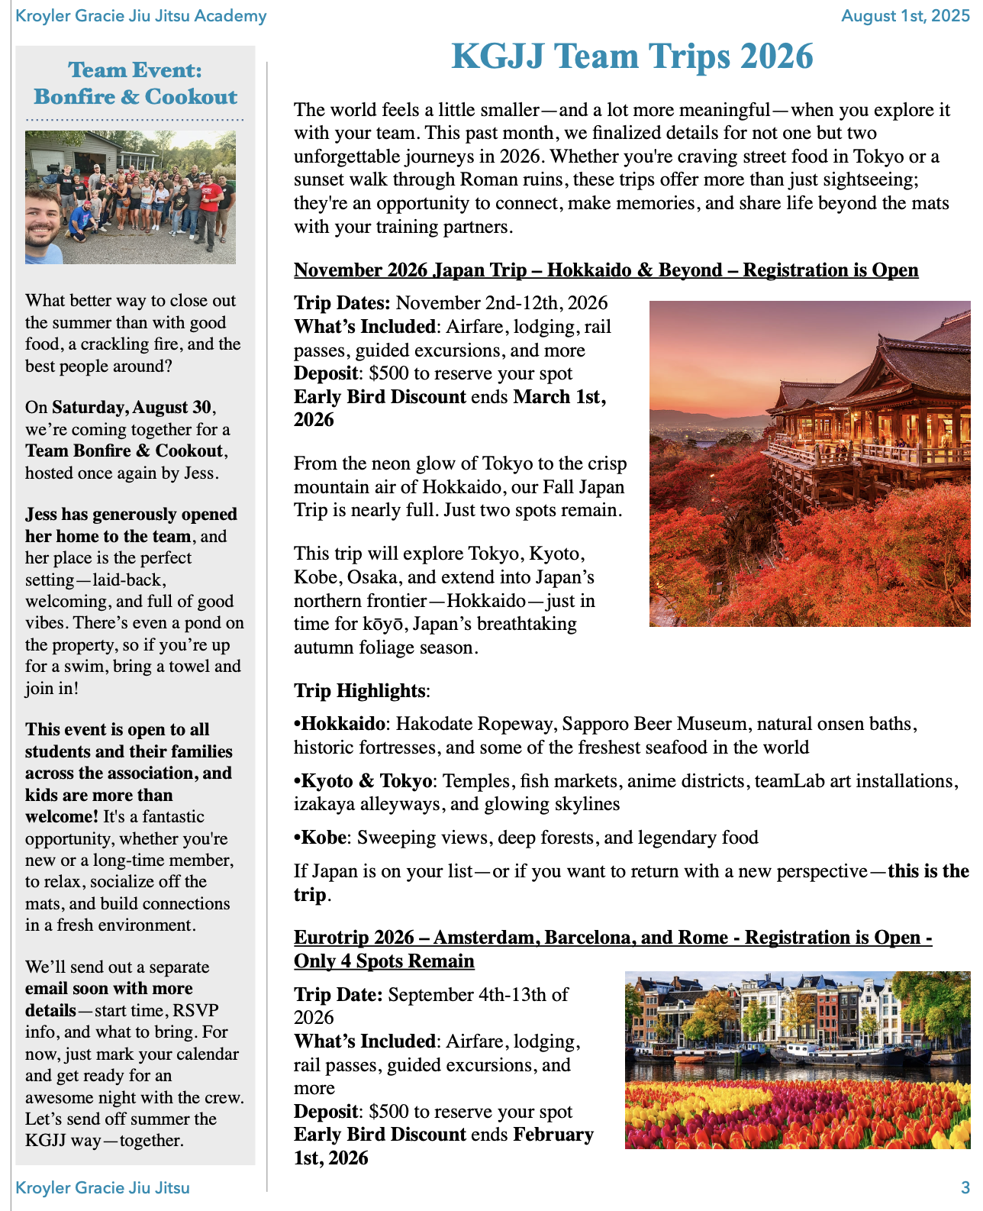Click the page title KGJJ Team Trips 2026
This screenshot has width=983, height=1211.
point(632,57)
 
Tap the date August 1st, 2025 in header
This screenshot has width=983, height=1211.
point(904,16)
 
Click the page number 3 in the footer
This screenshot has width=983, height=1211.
point(965,1187)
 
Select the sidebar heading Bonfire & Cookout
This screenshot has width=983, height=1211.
point(135,97)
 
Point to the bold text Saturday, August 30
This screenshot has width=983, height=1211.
point(132,407)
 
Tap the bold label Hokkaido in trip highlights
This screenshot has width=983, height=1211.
point(343,724)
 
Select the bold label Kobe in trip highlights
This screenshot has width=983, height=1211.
point(324,838)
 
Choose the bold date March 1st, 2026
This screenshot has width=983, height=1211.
point(559,397)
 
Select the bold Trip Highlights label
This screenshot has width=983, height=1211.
point(359,691)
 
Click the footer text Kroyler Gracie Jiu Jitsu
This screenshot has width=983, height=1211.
point(102,1187)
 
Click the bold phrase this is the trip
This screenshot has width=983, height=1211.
point(928,871)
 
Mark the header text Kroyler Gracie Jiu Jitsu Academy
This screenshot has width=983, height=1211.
point(141,16)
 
